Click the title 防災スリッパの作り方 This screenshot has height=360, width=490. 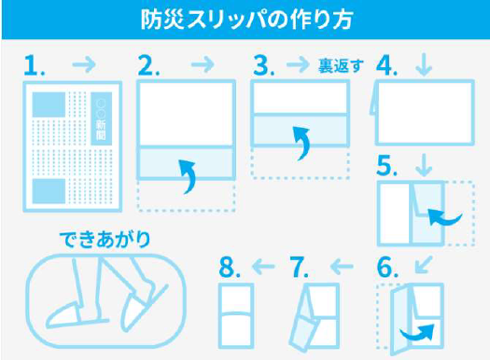pyautogui.click(x=245, y=19)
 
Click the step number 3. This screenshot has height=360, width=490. pyautogui.click(x=265, y=65)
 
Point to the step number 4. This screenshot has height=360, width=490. pyautogui.click(x=388, y=65)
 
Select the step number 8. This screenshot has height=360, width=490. pyautogui.click(x=231, y=267)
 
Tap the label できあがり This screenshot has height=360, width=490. pyautogui.click(x=104, y=240)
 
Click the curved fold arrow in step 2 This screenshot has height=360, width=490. pyautogui.click(x=187, y=174)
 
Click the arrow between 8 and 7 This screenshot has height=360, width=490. pyautogui.click(x=264, y=268)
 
